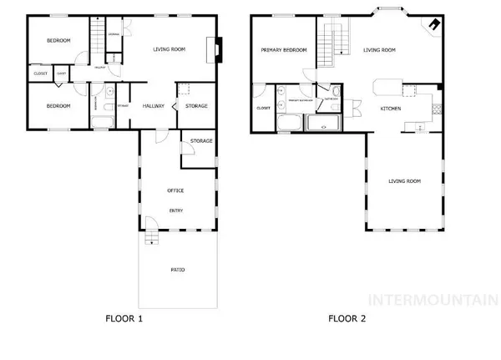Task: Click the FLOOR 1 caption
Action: [127, 318]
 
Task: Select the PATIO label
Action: [178, 270]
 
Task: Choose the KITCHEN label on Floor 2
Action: [391, 109]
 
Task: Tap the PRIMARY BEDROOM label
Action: [284, 50]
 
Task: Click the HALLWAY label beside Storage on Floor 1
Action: [153, 106]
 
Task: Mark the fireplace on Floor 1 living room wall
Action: [218, 49]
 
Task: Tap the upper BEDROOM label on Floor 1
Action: [58, 40]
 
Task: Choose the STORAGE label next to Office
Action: [201, 141]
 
